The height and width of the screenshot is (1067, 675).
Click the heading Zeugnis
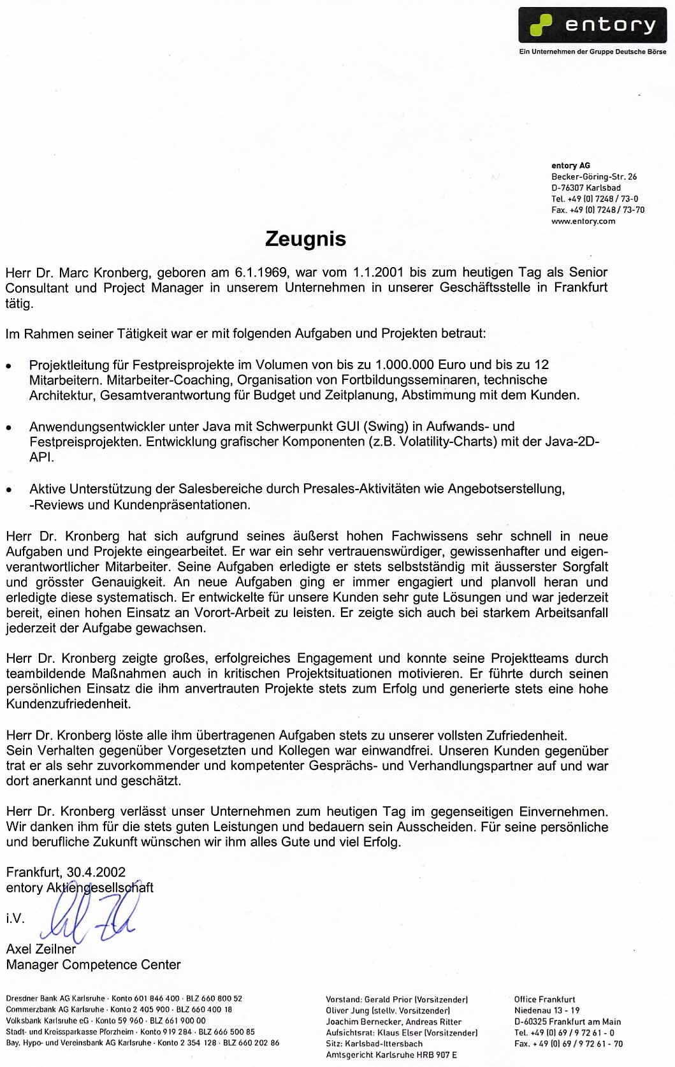pos(305,239)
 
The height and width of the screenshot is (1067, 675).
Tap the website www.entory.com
pos(583,221)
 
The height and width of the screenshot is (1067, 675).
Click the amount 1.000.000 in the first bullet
pos(405,365)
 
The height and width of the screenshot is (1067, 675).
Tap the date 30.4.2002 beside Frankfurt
pos(96,872)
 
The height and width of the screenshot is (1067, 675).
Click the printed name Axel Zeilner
pos(41,949)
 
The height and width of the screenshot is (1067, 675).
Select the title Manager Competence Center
pos(93,965)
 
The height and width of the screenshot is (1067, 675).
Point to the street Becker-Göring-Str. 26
pos(594,177)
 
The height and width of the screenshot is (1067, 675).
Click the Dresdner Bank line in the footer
pos(124,999)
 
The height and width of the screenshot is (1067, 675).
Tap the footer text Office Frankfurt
pos(544,999)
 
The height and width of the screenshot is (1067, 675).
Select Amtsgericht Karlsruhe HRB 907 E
pos(391,1055)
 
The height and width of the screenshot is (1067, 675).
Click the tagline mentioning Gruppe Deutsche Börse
pos(593,52)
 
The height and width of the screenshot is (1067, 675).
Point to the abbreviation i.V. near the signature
pos(15,918)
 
